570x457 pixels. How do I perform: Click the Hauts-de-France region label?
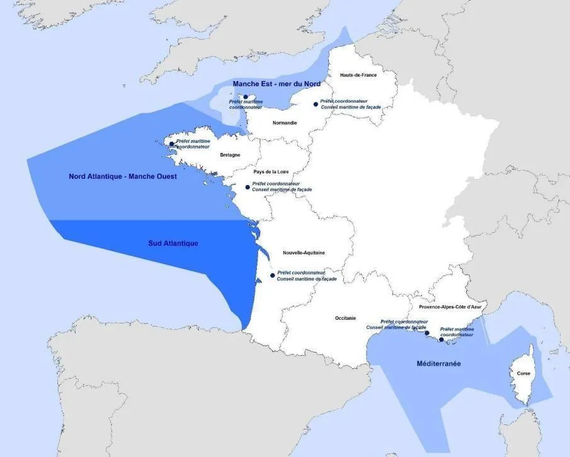click(358, 75)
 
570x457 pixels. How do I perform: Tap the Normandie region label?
click(285, 123)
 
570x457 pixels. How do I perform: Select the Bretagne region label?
click(230, 155)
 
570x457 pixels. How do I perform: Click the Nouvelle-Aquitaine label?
click(304, 252)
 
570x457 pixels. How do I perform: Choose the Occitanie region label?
click(345, 319)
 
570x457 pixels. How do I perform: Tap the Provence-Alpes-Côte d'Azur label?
click(450, 307)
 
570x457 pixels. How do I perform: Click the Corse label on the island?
click(523, 373)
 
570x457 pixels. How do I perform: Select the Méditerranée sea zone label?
click(438, 364)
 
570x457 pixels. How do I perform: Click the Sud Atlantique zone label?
click(173, 243)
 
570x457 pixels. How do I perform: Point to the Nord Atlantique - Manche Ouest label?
click(123, 177)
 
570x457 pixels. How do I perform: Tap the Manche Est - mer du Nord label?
click(276, 84)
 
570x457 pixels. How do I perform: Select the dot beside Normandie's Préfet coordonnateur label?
click(316, 104)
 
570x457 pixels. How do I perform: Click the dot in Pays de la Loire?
click(248, 187)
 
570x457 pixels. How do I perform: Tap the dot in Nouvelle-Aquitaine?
click(272, 276)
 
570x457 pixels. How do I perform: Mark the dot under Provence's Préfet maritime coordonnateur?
click(441, 340)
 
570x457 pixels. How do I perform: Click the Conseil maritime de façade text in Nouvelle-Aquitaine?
click(307, 279)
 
